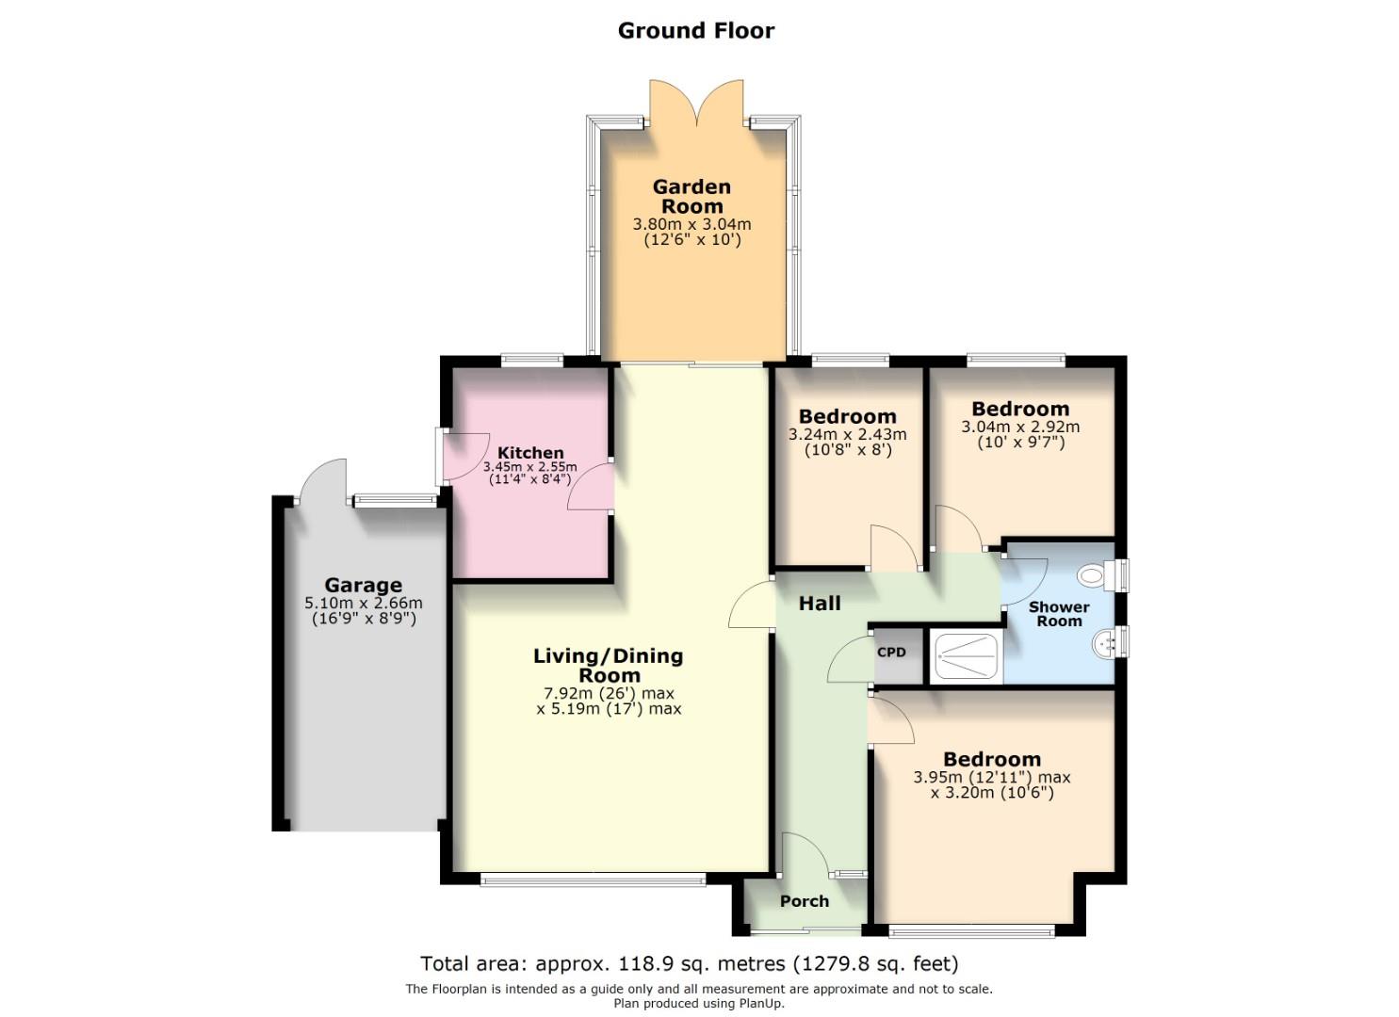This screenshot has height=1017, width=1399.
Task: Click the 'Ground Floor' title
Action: [695, 30]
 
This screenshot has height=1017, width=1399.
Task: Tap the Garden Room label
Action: [691, 196]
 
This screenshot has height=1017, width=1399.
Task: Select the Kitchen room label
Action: [530, 453]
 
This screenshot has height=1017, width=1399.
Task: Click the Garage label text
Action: [363, 585]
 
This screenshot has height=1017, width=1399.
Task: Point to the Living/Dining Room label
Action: [609, 665]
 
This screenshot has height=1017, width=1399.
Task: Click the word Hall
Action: [820, 604]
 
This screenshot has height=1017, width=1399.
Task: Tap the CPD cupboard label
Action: [891, 653]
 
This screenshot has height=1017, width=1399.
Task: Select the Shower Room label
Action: [1059, 614]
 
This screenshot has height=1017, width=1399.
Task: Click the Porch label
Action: [805, 901]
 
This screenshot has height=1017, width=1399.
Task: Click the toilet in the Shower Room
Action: [1094, 574]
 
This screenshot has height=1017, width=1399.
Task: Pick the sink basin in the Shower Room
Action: [1103, 644]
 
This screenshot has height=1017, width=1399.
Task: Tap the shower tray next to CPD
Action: [967, 656]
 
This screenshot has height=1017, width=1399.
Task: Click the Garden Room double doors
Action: [697, 104]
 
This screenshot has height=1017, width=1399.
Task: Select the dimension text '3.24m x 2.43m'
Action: [847, 435]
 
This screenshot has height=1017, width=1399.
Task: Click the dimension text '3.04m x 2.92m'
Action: [1020, 427]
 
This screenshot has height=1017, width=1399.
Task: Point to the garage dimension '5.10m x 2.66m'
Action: [363, 604]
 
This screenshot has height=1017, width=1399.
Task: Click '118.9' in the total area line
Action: [642, 963]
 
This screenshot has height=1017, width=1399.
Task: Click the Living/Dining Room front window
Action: [593, 880]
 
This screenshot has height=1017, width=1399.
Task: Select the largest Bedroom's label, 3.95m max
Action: [992, 759]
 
